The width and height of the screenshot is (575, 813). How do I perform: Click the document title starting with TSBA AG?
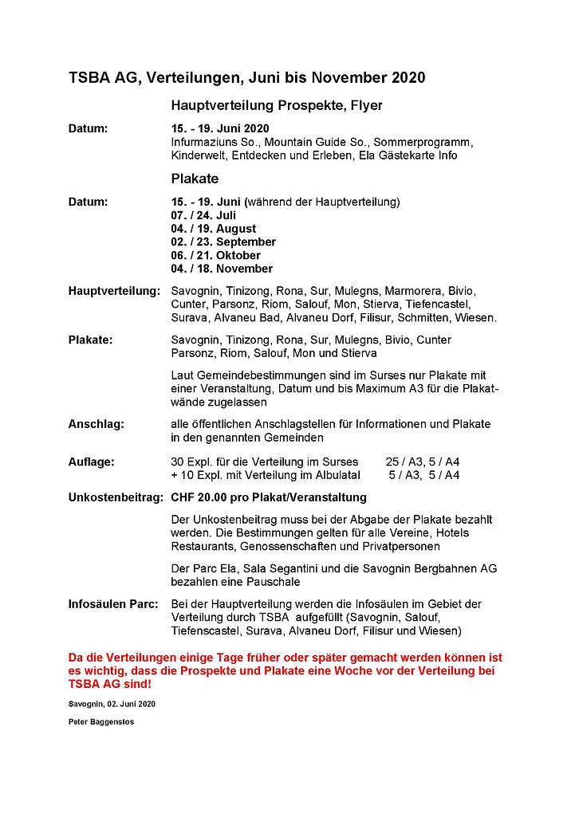click(x=246, y=77)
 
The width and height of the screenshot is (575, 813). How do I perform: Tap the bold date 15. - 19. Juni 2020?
click(x=220, y=128)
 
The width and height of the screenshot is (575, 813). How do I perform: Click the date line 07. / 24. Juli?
click(x=203, y=215)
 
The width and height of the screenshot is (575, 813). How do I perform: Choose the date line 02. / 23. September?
click(x=223, y=242)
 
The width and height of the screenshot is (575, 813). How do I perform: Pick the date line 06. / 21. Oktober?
click(x=215, y=255)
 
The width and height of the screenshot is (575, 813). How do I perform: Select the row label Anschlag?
click(x=96, y=424)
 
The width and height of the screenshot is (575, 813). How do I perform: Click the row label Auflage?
click(x=91, y=461)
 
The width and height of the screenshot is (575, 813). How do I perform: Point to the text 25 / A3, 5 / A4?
click(x=423, y=461)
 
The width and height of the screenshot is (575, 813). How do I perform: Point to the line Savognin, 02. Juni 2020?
click(x=112, y=705)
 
